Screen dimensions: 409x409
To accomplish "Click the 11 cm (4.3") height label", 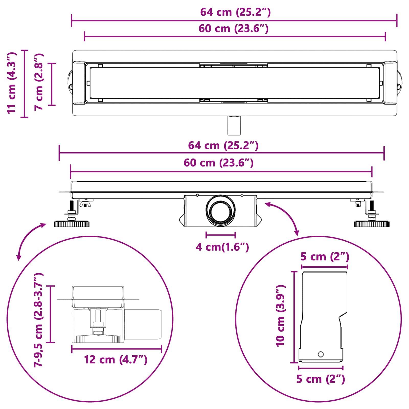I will click(12, 83).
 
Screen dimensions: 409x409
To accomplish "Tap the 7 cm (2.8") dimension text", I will click(39, 82).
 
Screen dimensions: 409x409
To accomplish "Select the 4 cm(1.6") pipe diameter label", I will click(222, 247).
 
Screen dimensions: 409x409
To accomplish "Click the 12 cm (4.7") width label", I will click(116, 360).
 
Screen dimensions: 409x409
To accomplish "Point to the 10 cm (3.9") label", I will click(281, 316).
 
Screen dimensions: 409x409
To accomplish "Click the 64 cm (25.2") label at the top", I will click(235, 12).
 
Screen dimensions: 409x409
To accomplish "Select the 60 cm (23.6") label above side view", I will click(219, 163).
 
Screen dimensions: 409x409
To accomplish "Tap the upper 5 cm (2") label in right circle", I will click(325, 257).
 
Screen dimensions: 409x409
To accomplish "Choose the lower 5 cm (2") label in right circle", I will click(321, 379).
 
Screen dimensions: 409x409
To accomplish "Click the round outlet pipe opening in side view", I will click(221, 210).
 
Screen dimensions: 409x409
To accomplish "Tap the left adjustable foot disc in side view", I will click(72, 224).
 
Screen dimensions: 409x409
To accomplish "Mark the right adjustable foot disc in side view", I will click(372, 224).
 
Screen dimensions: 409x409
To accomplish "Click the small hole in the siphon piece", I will click(321, 354).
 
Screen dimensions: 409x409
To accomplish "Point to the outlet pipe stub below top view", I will click(234, 126).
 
